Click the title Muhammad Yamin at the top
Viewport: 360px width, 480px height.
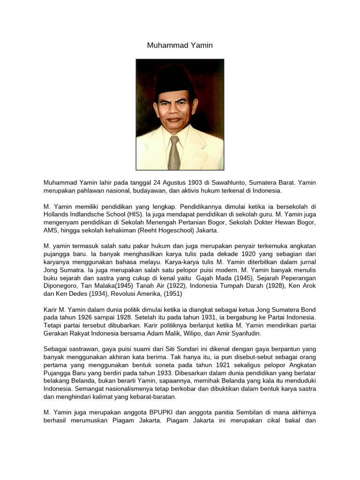coord(180,45)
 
